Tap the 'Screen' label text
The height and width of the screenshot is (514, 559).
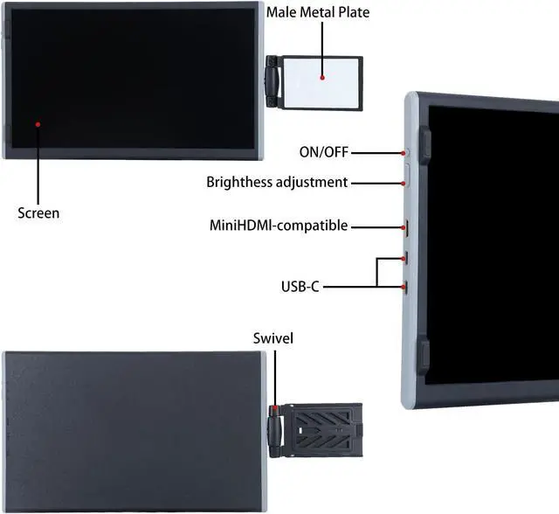38,212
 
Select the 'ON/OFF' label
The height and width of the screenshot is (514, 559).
323,152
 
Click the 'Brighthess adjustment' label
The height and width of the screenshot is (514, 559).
277,183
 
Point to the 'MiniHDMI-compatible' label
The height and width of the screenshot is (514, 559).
279,226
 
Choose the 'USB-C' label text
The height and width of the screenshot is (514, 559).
300,286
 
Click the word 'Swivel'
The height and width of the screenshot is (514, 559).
273,337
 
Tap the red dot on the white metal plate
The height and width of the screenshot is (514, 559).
322,78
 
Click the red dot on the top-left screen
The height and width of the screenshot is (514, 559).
38,124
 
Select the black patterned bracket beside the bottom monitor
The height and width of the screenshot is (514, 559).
324,430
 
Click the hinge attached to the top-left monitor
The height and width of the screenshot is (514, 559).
273,82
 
